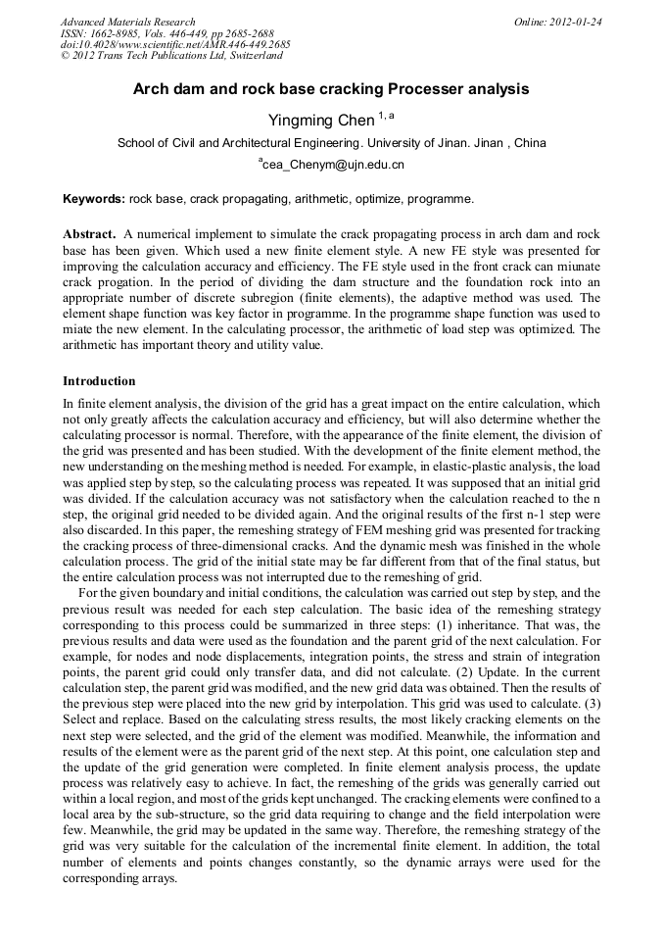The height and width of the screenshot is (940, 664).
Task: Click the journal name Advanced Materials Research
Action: pyautogui.click(x=127, y=22)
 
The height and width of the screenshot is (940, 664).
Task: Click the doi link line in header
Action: pyautogui.click(x=174, y=45)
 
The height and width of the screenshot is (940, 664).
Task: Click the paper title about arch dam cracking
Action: pyautogui.click(x=331, y=89)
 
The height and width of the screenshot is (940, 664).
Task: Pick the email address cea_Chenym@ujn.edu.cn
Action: pyautogui.click(x=333, y=165)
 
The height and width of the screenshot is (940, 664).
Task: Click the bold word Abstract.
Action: pyautogui.click(x=91, y=235)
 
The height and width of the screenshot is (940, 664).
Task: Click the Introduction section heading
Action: pyautogui.click(x=99, y=380)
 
